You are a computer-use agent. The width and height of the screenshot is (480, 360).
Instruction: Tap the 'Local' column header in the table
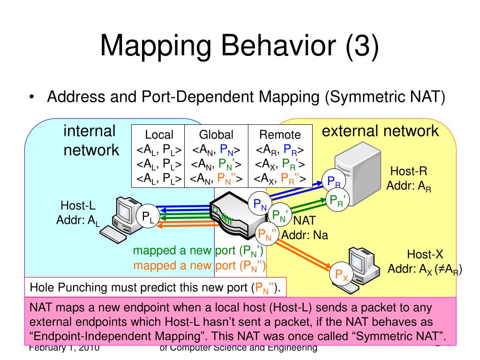(159, 135)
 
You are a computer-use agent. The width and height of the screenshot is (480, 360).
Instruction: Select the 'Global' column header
(216, 135)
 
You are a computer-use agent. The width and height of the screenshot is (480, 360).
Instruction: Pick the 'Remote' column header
(280, 135)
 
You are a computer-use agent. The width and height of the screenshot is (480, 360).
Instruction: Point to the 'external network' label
(380, 131)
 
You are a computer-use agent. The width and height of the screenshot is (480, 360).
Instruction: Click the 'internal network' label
(90, 141)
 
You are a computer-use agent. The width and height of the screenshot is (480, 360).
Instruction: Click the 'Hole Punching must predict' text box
(155, 287)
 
